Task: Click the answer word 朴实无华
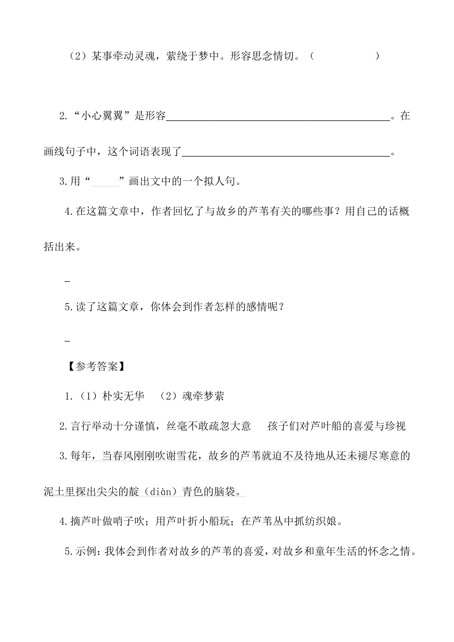click(x=124, y=396)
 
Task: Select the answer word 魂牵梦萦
click(x=203, y=396)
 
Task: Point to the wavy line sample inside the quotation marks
click(x=105, y=185)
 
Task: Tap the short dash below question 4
click(x=67, y=281)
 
